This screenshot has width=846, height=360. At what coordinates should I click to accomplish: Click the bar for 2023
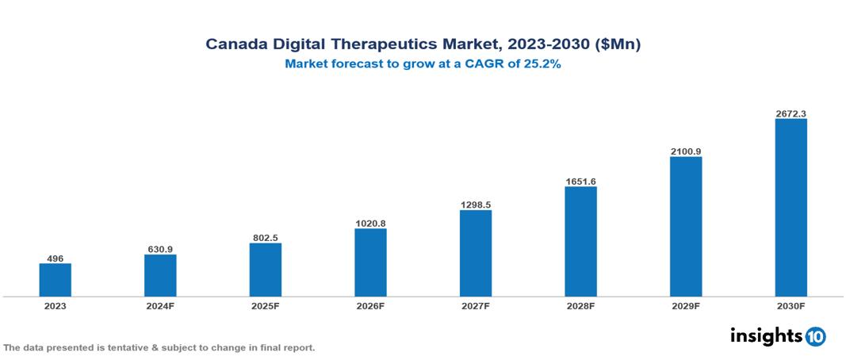(56, 280)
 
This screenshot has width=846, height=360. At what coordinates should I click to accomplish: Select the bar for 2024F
(160, 275)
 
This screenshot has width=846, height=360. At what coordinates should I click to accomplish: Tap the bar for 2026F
(370, 262)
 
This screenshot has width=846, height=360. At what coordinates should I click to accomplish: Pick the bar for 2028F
(580, 242)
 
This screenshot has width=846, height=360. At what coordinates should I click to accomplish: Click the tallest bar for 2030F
(790, 208)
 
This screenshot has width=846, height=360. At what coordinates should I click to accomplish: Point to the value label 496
(56, 258)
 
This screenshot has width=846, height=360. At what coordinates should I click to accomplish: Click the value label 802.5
(266, 237)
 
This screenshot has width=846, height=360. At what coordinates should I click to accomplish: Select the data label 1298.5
(476, 205)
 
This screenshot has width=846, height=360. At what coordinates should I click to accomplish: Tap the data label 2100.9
(686, 151)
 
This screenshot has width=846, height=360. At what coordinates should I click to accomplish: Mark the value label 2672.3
(790, 113)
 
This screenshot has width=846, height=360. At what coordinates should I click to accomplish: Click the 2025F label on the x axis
(266, 306)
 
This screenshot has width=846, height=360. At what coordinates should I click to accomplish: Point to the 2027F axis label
(476, 306)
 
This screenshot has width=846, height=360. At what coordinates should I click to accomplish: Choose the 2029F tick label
(686, 306)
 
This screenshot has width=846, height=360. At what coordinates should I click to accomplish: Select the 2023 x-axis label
(56, 306)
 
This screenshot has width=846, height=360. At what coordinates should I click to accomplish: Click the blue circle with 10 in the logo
(815, 336)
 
